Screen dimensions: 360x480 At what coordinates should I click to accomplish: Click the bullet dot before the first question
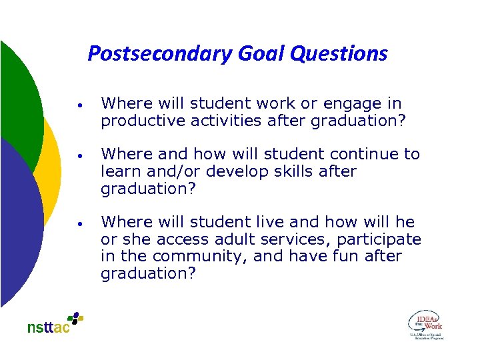79,105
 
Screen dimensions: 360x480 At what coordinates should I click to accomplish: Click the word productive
141,121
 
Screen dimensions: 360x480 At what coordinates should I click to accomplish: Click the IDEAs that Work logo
425,325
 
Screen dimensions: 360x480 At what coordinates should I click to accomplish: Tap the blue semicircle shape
20,220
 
